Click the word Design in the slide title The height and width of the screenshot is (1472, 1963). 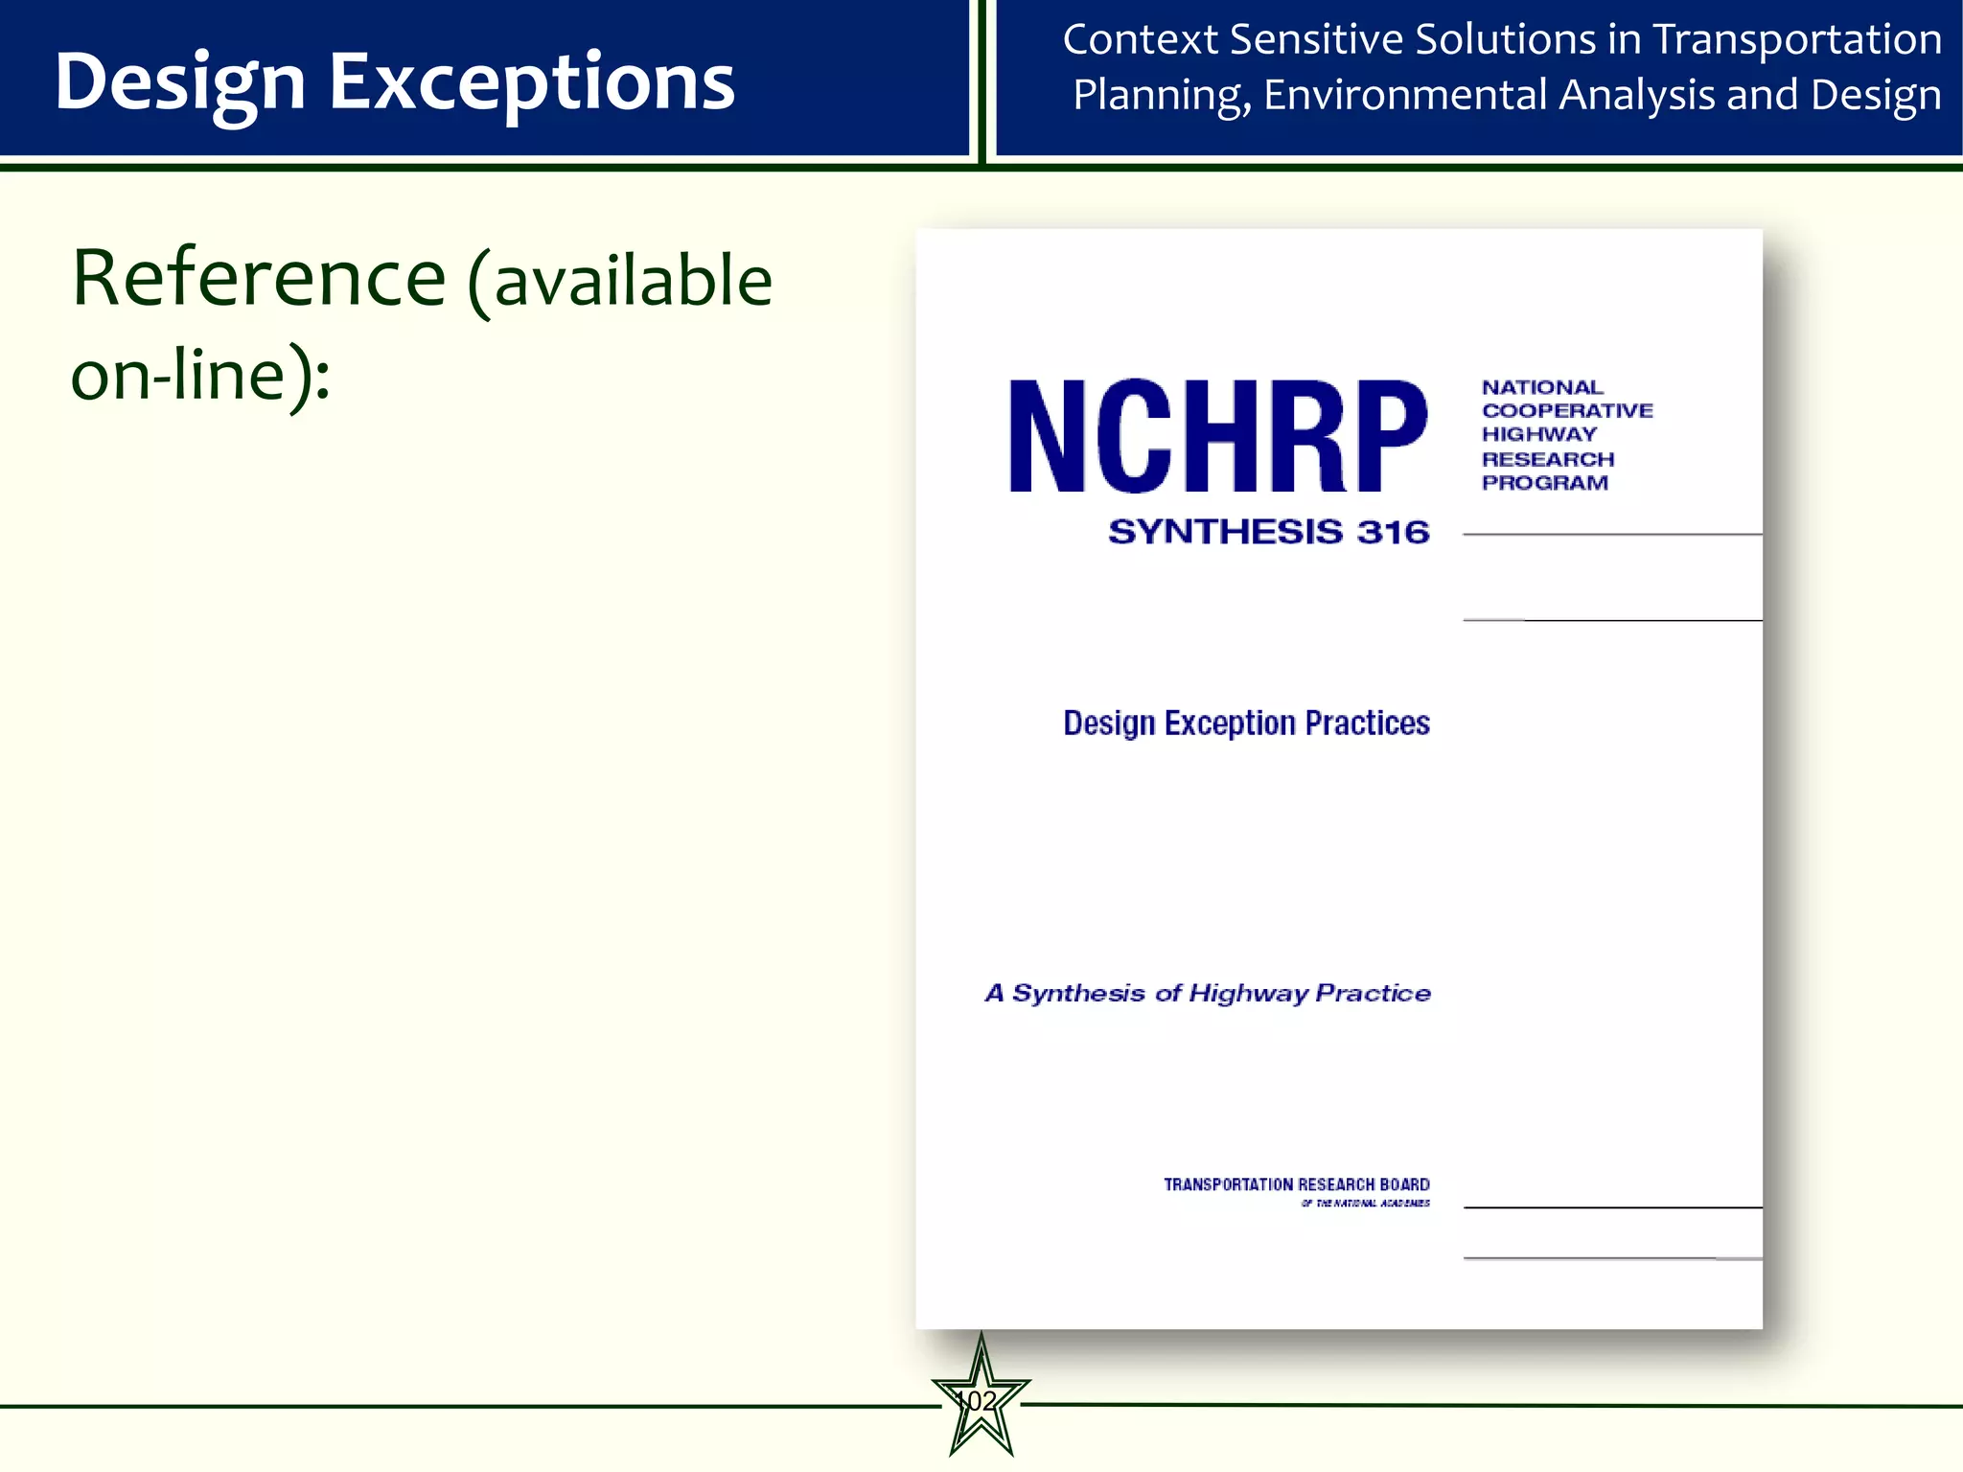(180, 83)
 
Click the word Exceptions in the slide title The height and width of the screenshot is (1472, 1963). (531, 83)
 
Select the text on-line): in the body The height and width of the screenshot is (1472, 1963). (200, 376)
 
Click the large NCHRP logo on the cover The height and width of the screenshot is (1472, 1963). (1217, 436)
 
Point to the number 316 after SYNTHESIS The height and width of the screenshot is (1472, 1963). (1393, 532)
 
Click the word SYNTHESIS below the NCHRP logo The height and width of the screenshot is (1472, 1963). (1226, 532)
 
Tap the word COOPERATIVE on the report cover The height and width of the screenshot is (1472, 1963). (1567, 411)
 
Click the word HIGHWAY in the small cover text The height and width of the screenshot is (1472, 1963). (1538, 434)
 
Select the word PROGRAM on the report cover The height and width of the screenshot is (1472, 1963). (1545, 483)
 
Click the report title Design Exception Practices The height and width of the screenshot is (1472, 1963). (1246, 724)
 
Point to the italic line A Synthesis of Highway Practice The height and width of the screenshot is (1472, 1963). (1208, 994)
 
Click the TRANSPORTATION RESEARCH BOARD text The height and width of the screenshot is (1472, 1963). (1296, 1185)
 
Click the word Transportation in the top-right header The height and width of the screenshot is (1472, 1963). (1797, 40)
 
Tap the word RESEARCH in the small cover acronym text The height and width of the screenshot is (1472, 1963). (1548, 459)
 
